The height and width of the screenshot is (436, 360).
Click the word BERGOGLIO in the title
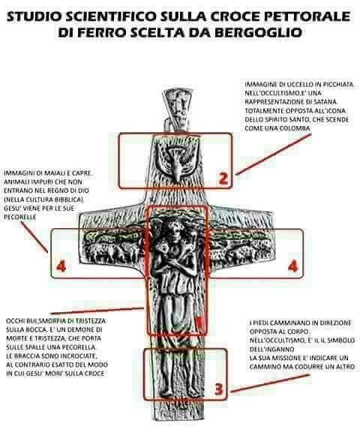point(258,32)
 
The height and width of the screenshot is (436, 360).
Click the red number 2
point(223,179)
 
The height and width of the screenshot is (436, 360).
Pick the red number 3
point(219,389)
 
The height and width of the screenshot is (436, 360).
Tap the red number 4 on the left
point(61,266)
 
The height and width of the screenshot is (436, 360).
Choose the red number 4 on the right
point(293,266)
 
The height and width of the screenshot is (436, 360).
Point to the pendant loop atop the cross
point(178,110)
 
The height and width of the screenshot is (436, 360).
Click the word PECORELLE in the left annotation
point(20,217)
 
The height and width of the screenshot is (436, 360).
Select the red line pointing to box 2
point(273,155)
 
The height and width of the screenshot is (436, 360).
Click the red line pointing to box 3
point(270,383)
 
